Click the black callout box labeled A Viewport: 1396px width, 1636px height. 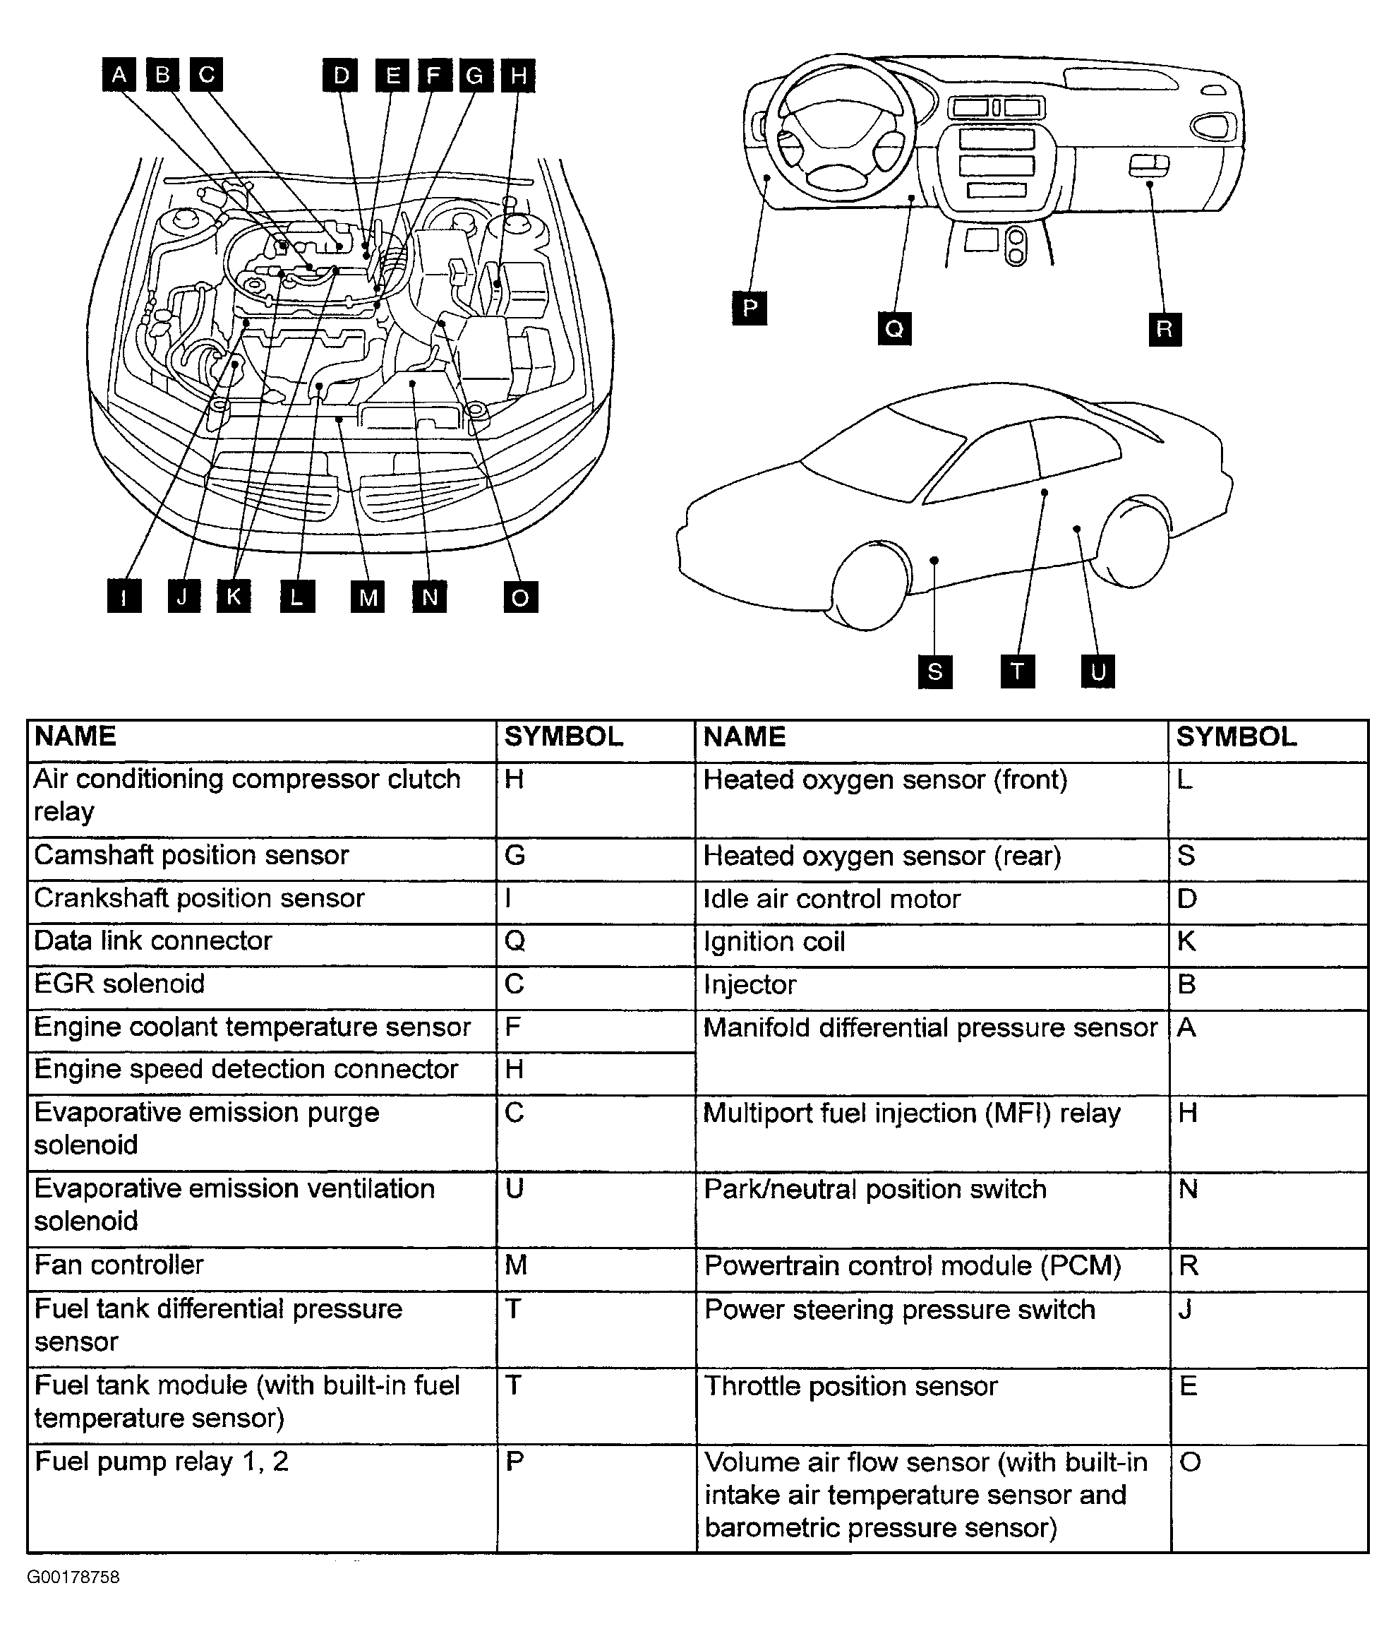[x=119, y=75]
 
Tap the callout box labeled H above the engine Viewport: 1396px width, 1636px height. [x=519, y=76]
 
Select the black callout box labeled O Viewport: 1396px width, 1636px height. [x=520, y=597]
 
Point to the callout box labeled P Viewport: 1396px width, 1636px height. [x=750, y=308]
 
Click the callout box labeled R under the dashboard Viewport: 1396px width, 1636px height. [x=1165, y=328]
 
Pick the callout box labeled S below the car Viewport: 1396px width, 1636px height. [x=935, y=672]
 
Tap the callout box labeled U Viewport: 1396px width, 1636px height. [x=1097, y=672]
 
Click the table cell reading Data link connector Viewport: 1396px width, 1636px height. [x=153, y=941]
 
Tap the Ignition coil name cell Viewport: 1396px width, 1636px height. [x=774, y=941]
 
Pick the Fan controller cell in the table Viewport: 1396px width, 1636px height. [x=119, y=1264]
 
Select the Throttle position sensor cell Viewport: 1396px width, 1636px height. [x=850, y=1386]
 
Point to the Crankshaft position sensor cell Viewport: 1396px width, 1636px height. [x=199, y=897]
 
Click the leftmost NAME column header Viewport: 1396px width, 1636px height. [x=76, y=736]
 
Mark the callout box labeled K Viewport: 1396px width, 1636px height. [x=234, y=596]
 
